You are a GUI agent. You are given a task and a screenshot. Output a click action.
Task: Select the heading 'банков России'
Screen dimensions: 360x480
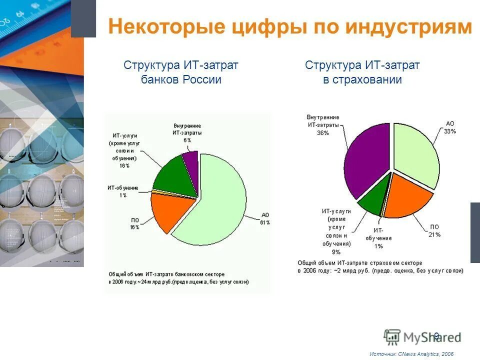181,79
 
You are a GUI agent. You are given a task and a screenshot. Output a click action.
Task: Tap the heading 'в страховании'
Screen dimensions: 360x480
362,79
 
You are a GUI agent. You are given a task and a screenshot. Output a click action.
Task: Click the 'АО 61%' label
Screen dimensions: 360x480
265,218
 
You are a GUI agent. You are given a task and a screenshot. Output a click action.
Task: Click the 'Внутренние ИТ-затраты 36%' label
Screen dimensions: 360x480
322,125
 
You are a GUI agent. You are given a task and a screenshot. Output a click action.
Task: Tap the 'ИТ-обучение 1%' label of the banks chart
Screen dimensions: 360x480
122,191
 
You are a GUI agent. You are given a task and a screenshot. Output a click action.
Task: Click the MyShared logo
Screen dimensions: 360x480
422,336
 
